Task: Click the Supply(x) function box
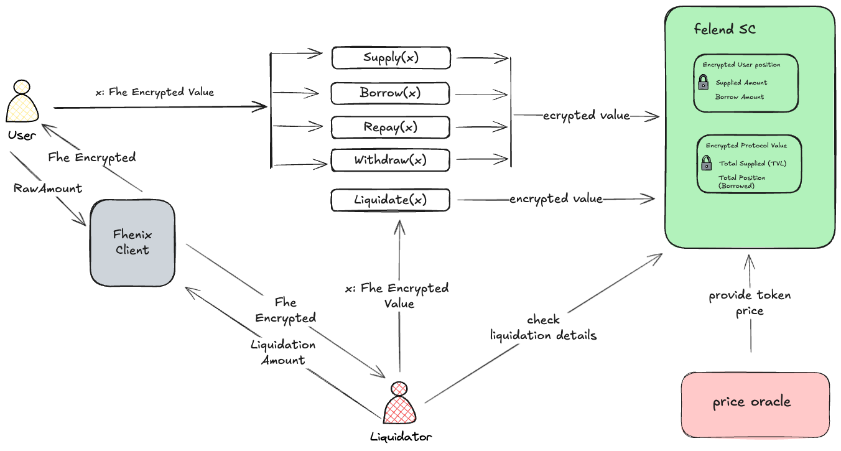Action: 391,58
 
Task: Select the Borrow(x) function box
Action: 391,93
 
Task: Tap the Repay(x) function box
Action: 391,127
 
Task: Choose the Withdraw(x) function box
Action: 391,160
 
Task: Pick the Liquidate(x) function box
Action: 391,200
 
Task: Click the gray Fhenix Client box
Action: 132,243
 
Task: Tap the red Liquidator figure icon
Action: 398,404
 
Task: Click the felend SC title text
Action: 725,29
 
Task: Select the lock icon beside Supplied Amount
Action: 703,83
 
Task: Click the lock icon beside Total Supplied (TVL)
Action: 707,164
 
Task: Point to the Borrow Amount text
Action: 740,97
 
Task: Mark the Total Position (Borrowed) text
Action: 742,182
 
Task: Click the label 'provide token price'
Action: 750,302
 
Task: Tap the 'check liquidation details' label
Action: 544,328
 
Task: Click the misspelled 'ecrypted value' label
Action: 586,116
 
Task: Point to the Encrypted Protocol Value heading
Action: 746,146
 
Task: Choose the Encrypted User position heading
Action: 741,65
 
